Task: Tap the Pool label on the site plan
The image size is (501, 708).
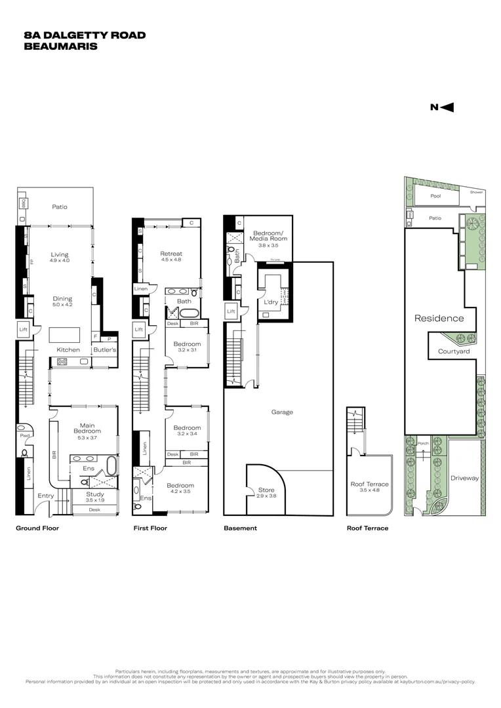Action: (435, 195)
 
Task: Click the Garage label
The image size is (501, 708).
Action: (282, 412)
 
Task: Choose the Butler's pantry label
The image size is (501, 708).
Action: (104, 350)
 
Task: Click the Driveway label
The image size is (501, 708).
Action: (465, 478)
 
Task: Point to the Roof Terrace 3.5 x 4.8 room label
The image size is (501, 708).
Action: (369, 486)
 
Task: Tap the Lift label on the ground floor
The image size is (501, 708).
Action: (24, 330)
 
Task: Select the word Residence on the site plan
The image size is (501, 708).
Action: (439, 319)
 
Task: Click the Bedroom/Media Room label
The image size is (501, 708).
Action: (270, 237)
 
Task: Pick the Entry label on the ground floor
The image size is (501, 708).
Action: (46, 496)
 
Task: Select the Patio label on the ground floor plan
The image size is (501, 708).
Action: (60, 207)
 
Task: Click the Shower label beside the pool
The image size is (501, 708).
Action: (476, 192)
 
